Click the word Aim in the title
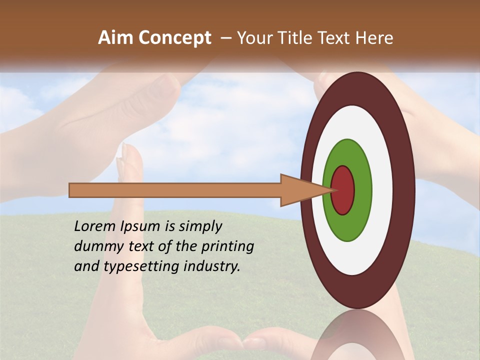(x=116, y=37)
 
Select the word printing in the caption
(x=227, y=247)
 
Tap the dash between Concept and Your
(x=225, y=38)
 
